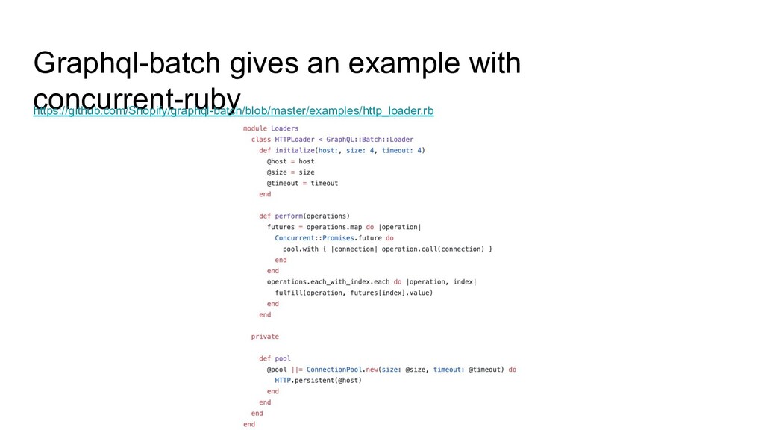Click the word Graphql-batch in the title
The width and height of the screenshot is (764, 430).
click(x=128, y=64)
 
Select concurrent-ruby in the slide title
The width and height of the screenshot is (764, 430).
click(x=137, y=99)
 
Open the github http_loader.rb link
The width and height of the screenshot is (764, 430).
click(x=233, y=112)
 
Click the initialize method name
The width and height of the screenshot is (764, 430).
click(x=295, y=150)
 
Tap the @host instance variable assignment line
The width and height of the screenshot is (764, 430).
click(x=290, y=161)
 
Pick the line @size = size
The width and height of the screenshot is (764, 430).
click(x=290, y=172)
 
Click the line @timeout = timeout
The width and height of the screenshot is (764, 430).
click(x=302, y=183)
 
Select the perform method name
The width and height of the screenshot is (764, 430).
click(x=288, y=216)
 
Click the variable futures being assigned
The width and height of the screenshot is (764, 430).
click(x=281, y=227)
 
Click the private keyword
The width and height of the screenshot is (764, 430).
click(x=265, y=337)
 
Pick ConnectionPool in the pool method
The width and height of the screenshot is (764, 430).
click(x=334, y=370)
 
